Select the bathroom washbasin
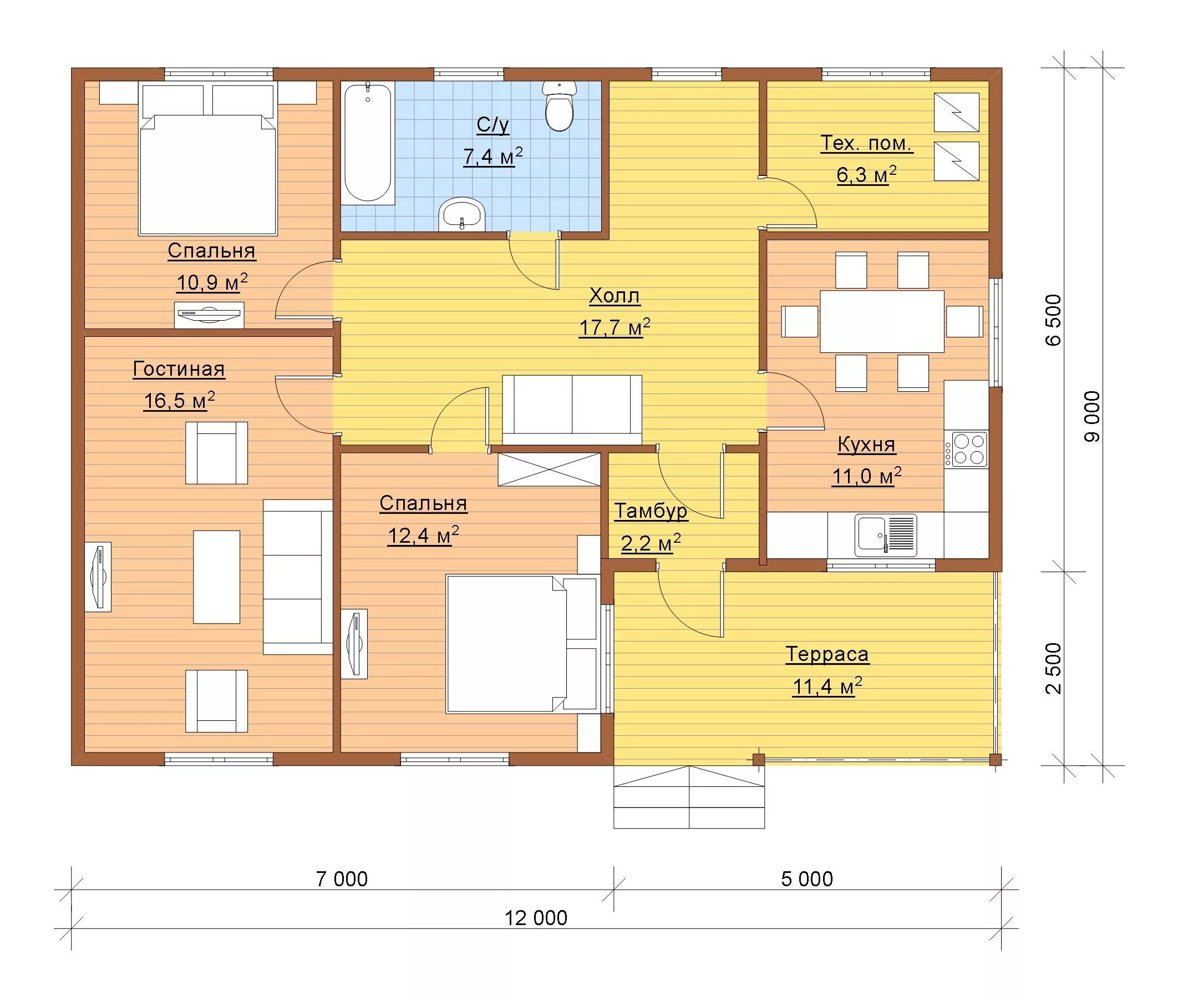coord(462,214)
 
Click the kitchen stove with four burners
coord(969,449)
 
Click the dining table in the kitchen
coord(882,321)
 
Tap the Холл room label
coord(614,296)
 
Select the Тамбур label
coord(651,511)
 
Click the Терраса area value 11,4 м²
coord(827,686)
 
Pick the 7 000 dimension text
coord(342,878)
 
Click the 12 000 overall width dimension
coord(536,918)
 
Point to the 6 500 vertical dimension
coord(1053,320)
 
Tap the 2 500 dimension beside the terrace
coord(1053,668)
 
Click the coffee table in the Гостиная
coord(216,577)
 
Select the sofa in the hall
coord(572,410)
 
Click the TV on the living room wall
coord(98,577)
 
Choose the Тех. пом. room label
coord(866,143)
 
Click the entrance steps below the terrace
coord(689,797)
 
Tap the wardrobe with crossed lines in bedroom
coord(549,469)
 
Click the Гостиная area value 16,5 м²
coord(179,400)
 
